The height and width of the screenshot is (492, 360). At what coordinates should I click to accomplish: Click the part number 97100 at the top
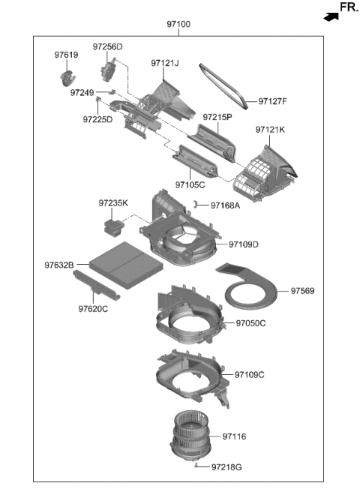coord(178,24)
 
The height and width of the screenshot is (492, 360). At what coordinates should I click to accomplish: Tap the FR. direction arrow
coord(328,14)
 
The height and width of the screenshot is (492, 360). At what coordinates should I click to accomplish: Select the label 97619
coord(65,54)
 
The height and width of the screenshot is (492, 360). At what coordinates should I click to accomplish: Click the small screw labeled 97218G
coord(196,466)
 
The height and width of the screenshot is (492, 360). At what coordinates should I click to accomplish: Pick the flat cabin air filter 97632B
coord(124,264)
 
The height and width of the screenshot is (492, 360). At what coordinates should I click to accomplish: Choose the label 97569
coord(303,290)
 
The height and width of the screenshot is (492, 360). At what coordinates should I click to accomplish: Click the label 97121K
coord(270,129)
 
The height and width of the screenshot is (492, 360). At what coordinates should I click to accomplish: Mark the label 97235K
coord(113,202)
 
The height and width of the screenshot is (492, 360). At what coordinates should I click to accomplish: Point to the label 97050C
coord(250,323)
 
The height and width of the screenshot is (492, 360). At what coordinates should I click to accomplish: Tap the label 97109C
coord(250,374)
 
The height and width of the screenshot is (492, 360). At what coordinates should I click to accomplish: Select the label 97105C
coord(190,184)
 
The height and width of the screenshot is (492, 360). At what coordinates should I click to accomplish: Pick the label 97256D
coord(107,46)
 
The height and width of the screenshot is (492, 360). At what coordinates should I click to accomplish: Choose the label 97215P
coord(217,117)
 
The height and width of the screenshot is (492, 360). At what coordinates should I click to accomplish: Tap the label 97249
coord(82,93)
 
